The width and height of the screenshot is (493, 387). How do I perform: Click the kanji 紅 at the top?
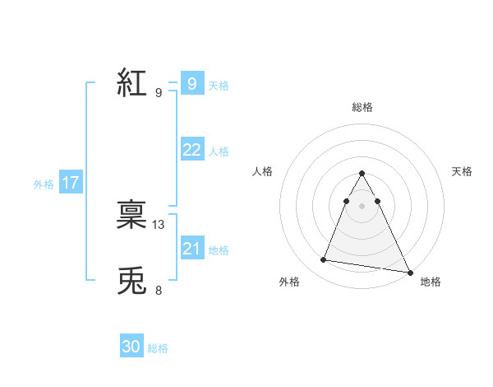tap(131, 83)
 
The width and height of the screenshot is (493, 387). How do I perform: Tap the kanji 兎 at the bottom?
tap(131, 282)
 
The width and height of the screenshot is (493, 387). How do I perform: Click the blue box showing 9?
tap(191, 83)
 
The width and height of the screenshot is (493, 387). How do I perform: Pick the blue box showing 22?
tap(191, 149)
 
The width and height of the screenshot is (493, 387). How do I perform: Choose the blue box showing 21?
tap(191, 248)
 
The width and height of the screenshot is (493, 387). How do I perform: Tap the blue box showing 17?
tap(71, 183)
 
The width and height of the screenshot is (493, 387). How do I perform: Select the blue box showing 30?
tap(131, 347)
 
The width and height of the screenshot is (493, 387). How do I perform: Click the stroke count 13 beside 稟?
tap(159, 224)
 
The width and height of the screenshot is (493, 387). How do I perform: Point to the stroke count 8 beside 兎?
tap(159, 290)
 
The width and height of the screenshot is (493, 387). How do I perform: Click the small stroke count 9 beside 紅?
tap(159, 92)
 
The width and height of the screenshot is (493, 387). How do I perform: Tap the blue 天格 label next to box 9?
tap(219, 85)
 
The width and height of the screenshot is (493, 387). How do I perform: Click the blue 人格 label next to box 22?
tap(219, 152)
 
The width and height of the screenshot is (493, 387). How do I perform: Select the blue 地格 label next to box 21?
tap(219, 250)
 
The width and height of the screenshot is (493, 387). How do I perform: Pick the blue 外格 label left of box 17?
tap(44, 184)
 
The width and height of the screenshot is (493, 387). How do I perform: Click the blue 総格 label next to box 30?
tap(158, 349)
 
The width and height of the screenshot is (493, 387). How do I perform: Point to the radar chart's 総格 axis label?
tap(362, 107)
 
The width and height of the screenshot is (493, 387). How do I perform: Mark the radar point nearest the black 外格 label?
tap(324, 260)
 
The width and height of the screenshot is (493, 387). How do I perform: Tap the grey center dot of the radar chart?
tap(362, 205)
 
